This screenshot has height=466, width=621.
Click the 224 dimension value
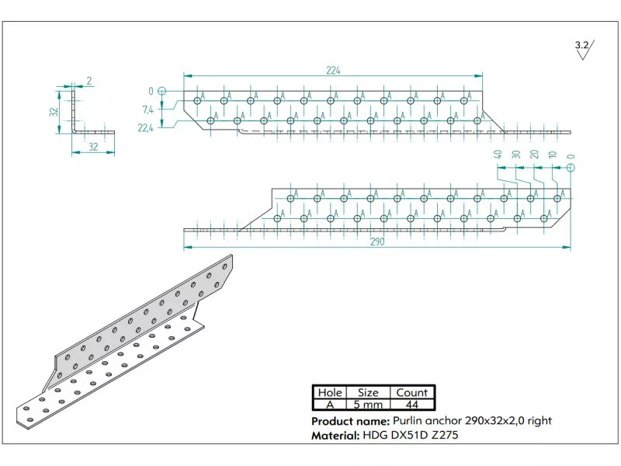(333, 70)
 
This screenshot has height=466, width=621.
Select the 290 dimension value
(376, 242)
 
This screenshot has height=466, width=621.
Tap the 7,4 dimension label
(147, 110)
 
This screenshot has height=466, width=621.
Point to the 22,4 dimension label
(145, 128)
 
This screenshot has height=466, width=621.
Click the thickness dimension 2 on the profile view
(89, 81)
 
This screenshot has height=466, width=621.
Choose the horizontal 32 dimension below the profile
(93, 146)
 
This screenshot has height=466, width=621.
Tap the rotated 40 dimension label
(498, 155)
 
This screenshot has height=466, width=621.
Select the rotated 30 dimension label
(516, 155)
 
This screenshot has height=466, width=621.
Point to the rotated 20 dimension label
(534, 155)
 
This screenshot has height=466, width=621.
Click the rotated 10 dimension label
(552, 155)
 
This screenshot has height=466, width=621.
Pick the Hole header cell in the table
(329, 393)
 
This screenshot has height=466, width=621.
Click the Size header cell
(368, 393)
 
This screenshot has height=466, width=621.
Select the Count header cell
(411, 393)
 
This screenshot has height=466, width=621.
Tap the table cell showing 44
(411, 405)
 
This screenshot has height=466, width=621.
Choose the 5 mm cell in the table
(368, 405)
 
